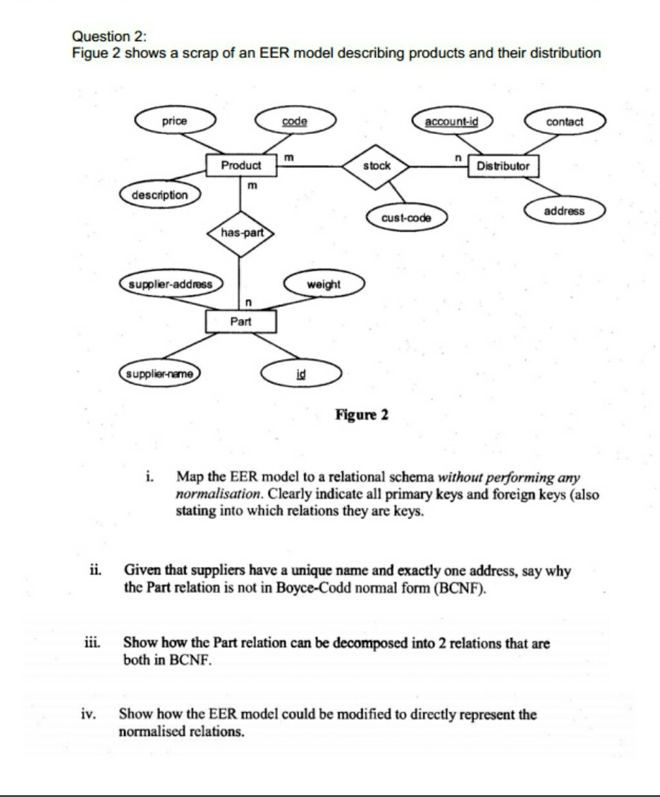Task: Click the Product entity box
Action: pos(241,165)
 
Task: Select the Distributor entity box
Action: pos(503,166)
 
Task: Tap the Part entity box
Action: pos(241,321)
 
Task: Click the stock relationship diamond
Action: pos(376,166)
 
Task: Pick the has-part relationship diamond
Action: pos(241,233)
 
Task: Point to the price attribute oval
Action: pos(174,121)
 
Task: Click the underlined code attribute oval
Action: pos(295,121)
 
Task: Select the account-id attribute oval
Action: pos(451,121)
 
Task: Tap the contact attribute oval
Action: pos(564,122)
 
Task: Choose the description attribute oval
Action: pos(160,195)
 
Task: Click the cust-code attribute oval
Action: pos(406,218)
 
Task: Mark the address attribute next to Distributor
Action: pos(564,211)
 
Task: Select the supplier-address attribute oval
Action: pos(170,284)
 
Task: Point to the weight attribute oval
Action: pos(324,284)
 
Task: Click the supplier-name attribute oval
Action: pos(160,374)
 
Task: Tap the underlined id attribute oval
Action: pos(300,374)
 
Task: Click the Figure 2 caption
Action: pos(362,414)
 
